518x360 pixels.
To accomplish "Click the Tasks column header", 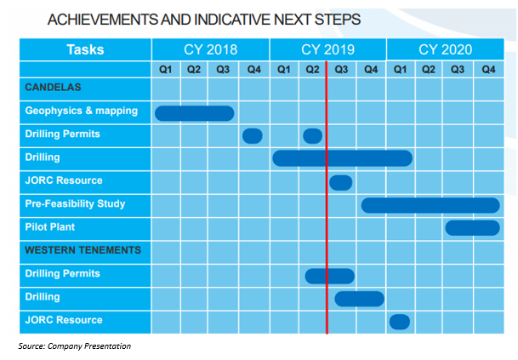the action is [85, 49].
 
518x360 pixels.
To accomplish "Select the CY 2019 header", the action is [327, 49].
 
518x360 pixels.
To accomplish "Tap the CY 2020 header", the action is [446, 49].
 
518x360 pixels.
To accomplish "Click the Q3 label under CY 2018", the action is [223, 70].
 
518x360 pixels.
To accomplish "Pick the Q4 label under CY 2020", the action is [488, 70].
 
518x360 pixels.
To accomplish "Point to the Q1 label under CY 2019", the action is [284, 70].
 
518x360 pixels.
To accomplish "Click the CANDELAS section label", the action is [53, 88].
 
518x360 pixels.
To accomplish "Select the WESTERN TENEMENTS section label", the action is [83, 250].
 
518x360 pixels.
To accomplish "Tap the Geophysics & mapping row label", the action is [82, 111].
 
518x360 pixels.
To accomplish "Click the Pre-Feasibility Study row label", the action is [75, 203].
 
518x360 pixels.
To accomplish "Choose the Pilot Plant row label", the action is [50, 226].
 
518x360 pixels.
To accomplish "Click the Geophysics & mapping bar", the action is [194, 113].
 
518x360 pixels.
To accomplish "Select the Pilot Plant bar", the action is [472, 228].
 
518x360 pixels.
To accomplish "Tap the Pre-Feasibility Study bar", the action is [430, 205].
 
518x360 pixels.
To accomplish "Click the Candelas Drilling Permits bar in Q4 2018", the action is [253, 136].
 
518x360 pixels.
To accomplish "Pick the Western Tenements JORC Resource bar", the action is [400, 322].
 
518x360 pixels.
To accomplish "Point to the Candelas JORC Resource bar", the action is [340, 183].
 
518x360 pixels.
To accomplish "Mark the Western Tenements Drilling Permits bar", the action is [330, 276].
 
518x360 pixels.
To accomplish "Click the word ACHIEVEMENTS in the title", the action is [103, 20].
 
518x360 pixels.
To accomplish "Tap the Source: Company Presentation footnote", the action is [75, 346].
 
